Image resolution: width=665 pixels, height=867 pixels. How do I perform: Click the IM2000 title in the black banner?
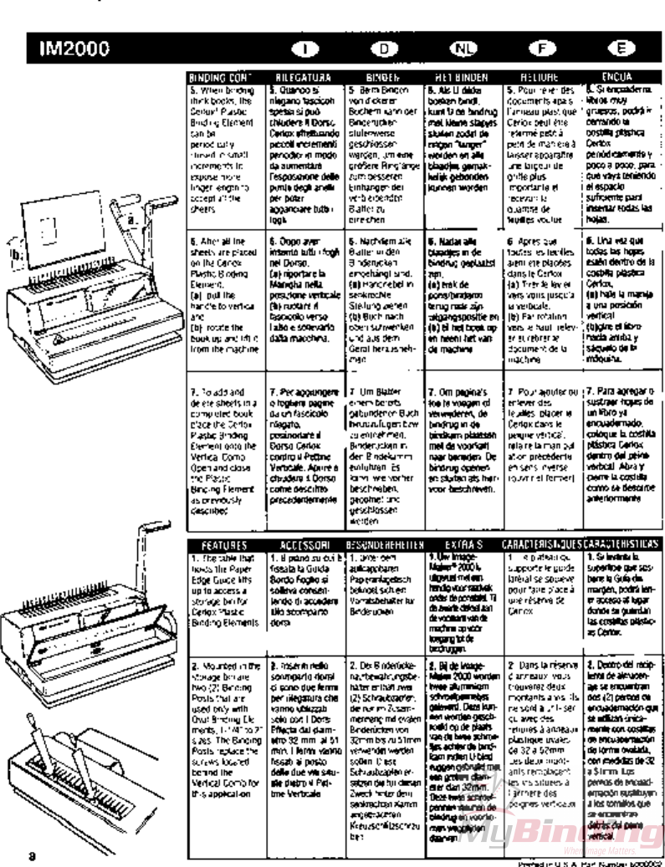[x=73, y=48]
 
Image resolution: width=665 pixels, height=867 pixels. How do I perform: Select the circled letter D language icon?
[x=384, y=48]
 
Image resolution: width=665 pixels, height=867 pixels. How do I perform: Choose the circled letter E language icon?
[x=621, y=48]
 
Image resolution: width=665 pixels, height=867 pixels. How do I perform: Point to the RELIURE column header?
[x=543, y=77]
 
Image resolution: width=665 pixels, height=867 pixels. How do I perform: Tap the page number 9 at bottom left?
[x=32, y=855]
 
